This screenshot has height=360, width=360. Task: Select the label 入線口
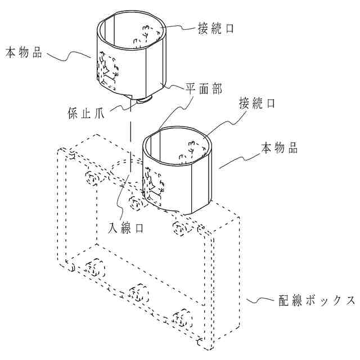tap(125, 228)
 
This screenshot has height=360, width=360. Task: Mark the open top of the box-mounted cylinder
tap(178, 143)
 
